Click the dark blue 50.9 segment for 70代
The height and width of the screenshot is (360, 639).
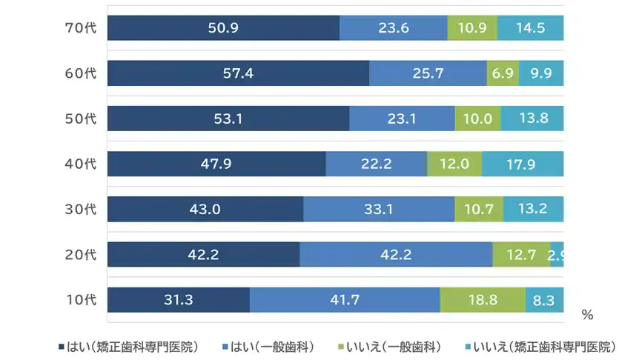click(223, 28)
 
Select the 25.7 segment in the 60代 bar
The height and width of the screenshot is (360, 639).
click(428, 73)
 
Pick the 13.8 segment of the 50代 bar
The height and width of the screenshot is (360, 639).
click(532, 119)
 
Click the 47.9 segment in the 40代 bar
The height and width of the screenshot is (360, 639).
click(216, 164)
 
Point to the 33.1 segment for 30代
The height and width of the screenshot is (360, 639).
click(379, 209)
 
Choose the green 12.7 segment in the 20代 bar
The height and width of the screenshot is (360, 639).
click(521, 255)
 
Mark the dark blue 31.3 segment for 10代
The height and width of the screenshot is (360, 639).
click(179, 300)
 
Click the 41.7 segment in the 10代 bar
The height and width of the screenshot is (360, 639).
click(345, 300)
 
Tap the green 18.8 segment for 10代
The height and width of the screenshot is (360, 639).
click(483, 300)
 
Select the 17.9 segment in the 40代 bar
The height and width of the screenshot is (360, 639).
click(523, 164)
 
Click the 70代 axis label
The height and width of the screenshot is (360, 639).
click(81, 28)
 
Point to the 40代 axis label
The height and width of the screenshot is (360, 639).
click(81, 164)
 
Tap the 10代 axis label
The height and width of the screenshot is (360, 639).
click(81, 300)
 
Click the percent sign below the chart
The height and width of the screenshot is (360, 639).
click(587, 316)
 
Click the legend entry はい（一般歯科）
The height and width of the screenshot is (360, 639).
click(267, 347)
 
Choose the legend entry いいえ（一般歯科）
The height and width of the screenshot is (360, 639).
click(390, 347)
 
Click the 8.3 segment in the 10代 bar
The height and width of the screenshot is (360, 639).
click(545, 300)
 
